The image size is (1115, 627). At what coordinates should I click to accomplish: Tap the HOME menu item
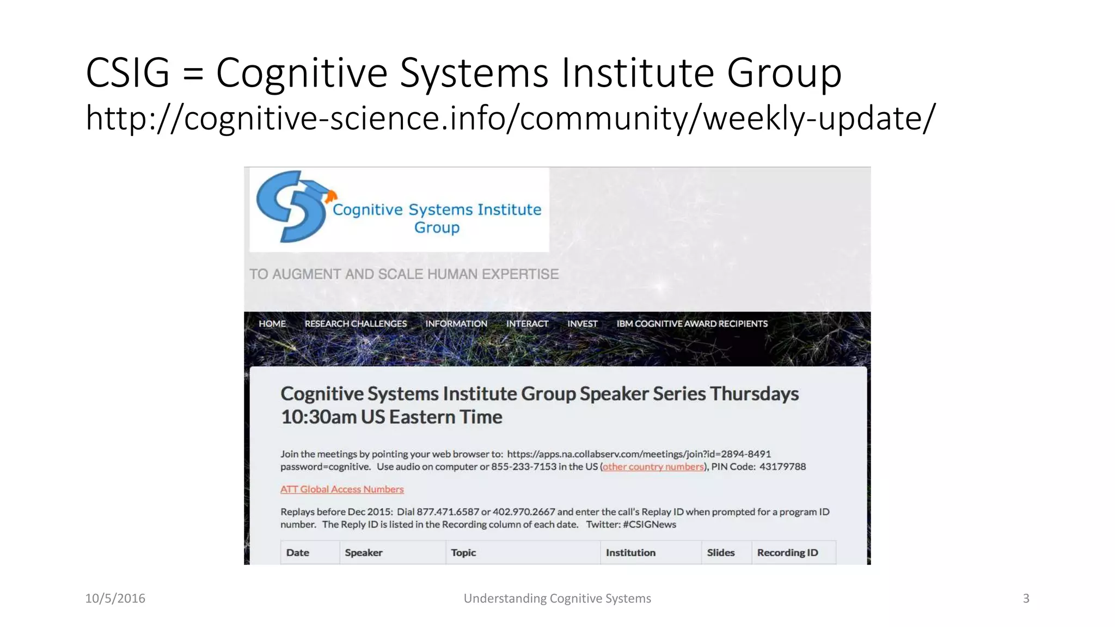pos(272,324)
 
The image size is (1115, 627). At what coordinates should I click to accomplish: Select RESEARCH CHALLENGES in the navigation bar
pos(356,324)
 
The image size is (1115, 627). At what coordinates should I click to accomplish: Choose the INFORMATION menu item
pos(456,324)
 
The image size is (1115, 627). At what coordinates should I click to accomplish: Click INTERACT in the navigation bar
pos(527,324)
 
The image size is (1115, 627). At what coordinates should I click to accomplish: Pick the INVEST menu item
pos(582,324)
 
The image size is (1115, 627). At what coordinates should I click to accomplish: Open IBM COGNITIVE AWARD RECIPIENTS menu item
pos(692,324)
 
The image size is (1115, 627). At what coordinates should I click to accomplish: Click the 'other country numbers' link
pos(653,467)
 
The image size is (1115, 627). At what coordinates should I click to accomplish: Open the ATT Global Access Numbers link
pos(342,489)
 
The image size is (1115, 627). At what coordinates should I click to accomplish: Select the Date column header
pos(298,553)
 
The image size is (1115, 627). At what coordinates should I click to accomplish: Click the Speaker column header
pos(364,553)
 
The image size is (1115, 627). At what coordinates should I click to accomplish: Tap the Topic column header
pos(463,553)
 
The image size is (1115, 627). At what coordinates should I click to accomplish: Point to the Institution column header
pos(630,553)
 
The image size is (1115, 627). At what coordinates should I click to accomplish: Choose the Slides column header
pos(720,553)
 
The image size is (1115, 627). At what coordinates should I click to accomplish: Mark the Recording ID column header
pos(787,553)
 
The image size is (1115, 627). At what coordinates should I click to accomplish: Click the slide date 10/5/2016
pos(115,599)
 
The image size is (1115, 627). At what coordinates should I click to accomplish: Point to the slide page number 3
pos(1026,599)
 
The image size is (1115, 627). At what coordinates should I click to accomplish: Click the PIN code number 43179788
pos(782,467)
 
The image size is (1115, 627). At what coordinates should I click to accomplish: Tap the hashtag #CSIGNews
pos(650,525)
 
